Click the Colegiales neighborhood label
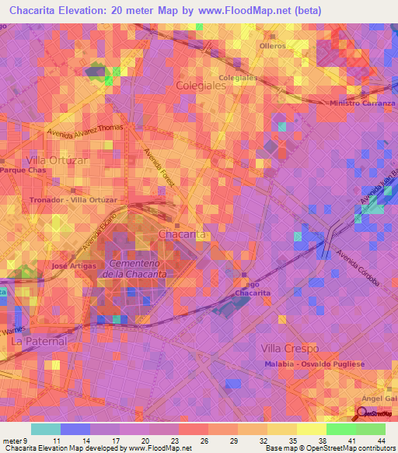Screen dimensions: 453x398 201,86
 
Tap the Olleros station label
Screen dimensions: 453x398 272,46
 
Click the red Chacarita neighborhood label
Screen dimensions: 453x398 182,234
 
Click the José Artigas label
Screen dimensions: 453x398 74,266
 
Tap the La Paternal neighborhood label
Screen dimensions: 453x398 39,341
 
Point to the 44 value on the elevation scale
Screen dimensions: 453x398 381,440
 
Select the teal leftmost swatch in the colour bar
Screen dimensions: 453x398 46,429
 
